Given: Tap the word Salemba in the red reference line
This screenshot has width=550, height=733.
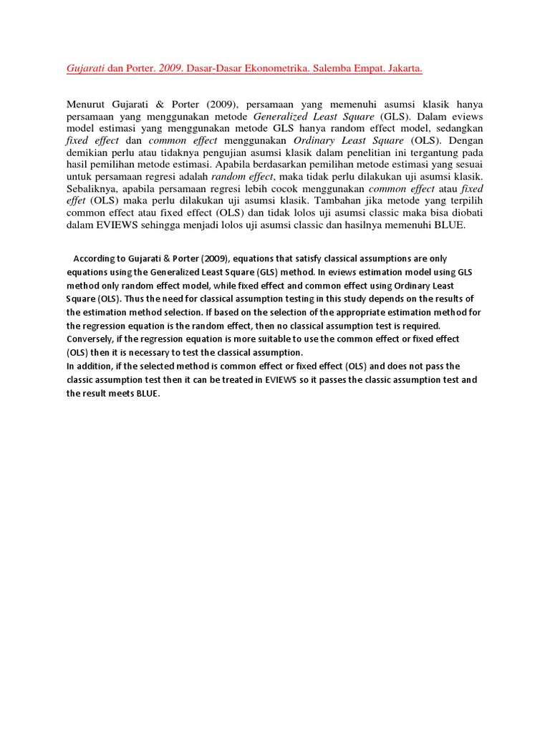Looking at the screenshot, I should tap(337, 69).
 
